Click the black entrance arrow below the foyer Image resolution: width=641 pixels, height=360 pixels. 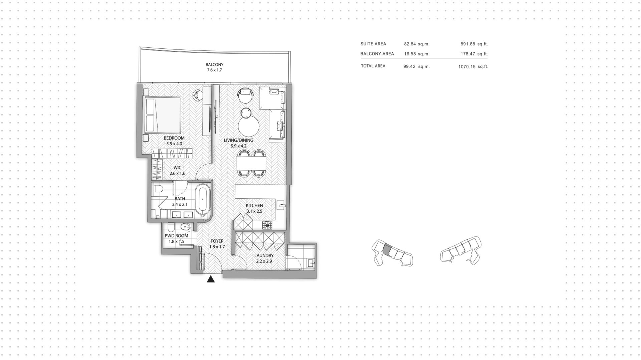pos(211,279)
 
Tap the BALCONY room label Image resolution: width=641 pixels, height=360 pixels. pos(214,65)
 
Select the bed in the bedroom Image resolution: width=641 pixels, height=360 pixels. pos(162,115)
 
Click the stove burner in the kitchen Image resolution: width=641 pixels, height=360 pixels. pos(267,225)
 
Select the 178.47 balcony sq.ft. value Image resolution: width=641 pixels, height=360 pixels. pos(467,54)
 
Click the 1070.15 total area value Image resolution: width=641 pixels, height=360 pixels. pos(466,67)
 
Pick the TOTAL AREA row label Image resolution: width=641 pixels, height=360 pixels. pos(373,66)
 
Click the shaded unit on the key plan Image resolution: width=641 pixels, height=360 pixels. pos(387,249)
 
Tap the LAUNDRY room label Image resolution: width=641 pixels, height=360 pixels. pos(264,256)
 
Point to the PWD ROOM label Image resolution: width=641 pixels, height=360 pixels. pos(176,236)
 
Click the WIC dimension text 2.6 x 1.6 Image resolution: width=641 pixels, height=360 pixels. pos(177,174)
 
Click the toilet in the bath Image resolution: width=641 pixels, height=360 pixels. pos(158,189)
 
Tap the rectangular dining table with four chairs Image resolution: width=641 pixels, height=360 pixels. pos(251,163)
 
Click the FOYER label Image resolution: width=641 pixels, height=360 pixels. pos(217,241)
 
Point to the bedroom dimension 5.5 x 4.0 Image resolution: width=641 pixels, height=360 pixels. pos(174,144)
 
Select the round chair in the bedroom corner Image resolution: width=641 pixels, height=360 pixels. pos(197,95)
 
